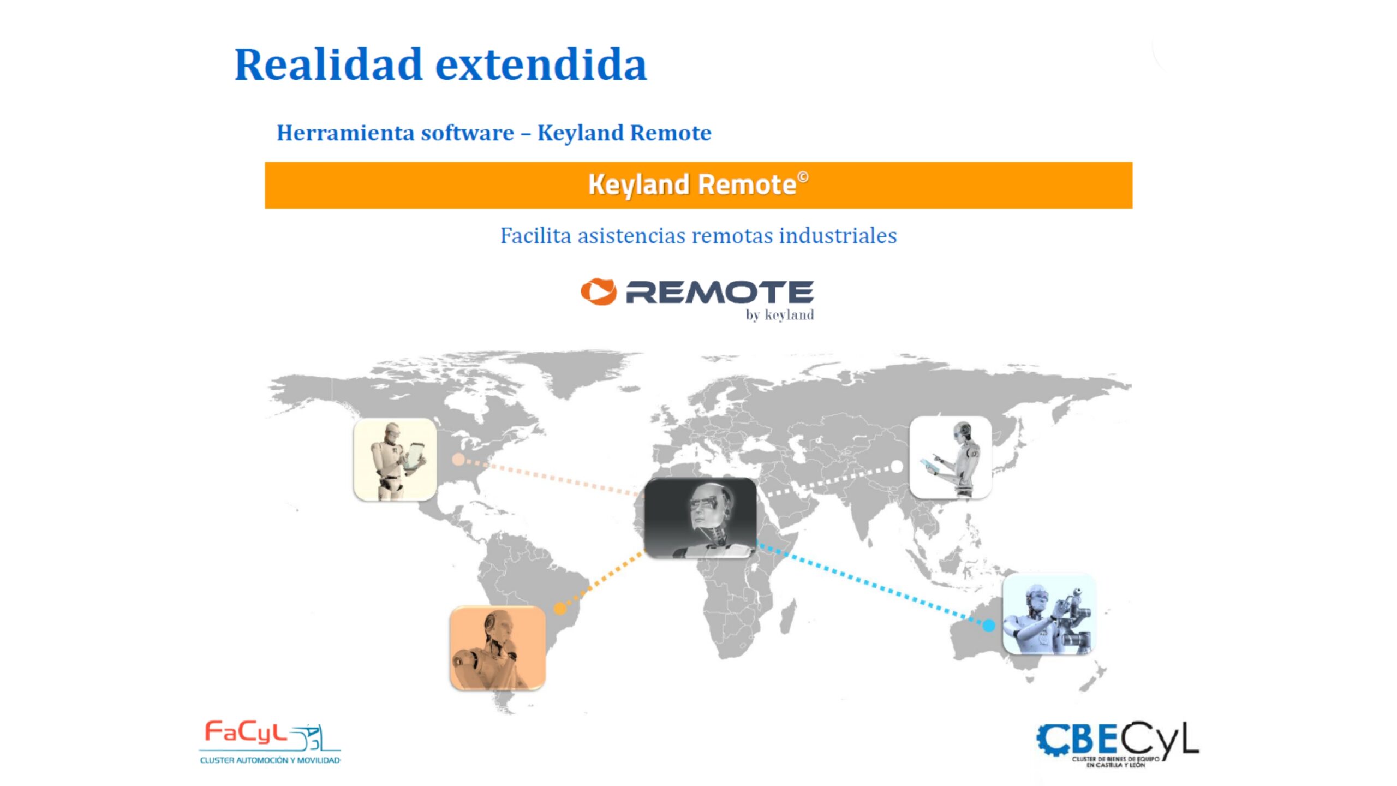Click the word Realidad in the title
[x=329, y=64]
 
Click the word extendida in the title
[x=541, y=64]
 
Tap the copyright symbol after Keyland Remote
[x=803, y=177]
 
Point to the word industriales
[x=838, y=236]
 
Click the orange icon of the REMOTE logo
[x=599, y=291]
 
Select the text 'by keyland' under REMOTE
[x=780, y=315]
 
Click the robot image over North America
[x=395, y=460]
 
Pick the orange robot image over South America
[x=497, y=648]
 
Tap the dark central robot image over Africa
[x=701, y=518]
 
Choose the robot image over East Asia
[x=951, y=457]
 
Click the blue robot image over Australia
[x=1049, y=614]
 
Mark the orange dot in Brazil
[x=560, y=608]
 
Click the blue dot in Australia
[x=988, y=626]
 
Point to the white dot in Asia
[x=897, y=467]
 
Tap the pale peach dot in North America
[x=458, y=460]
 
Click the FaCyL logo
[x=270, y=742]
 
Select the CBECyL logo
[x=1118, y=745]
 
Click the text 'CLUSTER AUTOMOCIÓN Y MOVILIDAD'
[x=270, y=760]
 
